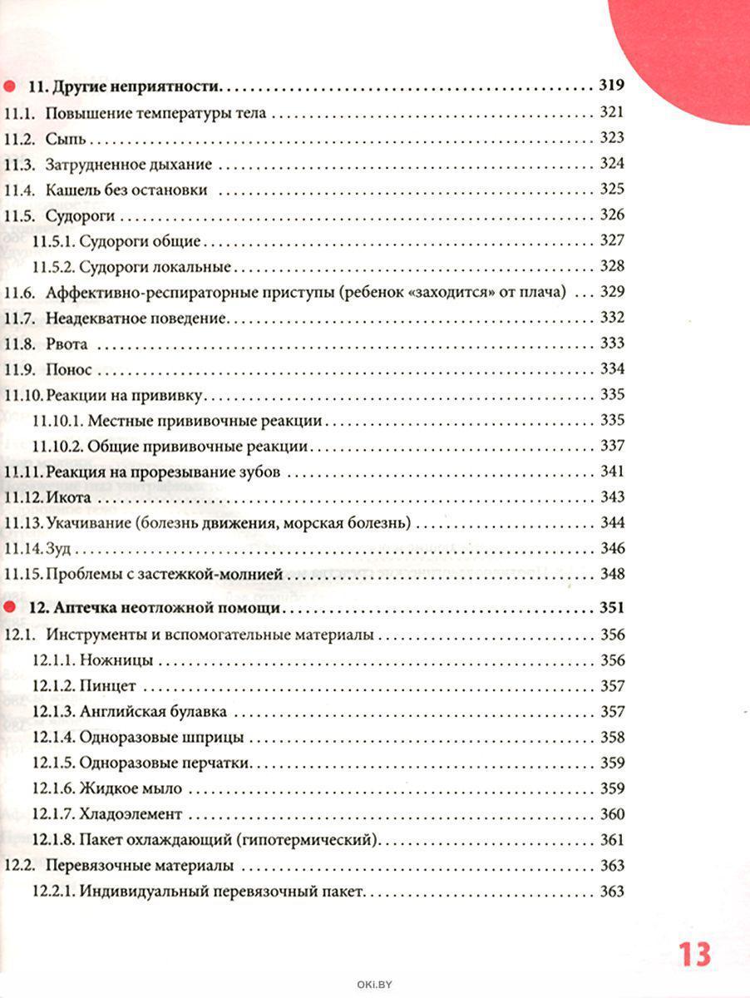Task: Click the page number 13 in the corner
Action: click(x=694, y=953)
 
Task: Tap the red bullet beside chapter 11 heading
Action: click(x=9, y=86)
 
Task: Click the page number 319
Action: click(x=611, y=86)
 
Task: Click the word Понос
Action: click(x=68, y=368)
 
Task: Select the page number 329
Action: click(x=611, y=292)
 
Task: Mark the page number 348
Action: click(x=611, y=574)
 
